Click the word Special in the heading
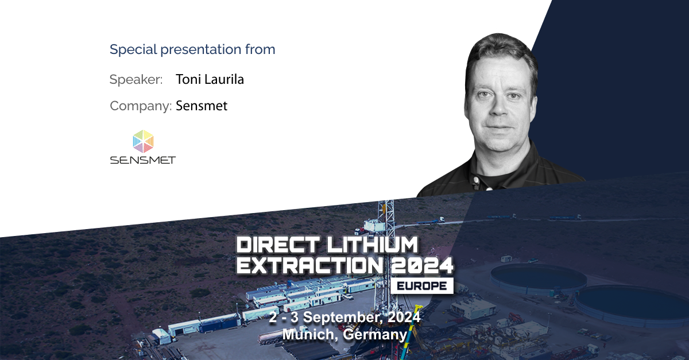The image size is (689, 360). pos(133,49)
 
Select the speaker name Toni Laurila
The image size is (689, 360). pos(210,79)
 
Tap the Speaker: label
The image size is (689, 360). pos(136,80)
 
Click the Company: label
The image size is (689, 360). pos(141,106)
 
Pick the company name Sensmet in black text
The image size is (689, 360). pos(202,106)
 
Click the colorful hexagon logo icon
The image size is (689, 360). pos(143,141)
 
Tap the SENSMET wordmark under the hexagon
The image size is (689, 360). pos(143,160)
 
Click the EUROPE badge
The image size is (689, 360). pos(421,286)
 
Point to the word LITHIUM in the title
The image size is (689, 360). pos(372,245)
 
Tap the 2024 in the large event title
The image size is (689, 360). pos(422,265)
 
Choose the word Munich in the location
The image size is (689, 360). pos(309,334)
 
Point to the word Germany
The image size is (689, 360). pos(375,335)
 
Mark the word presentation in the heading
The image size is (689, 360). pos(200,50)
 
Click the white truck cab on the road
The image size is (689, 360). pos(442,219)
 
